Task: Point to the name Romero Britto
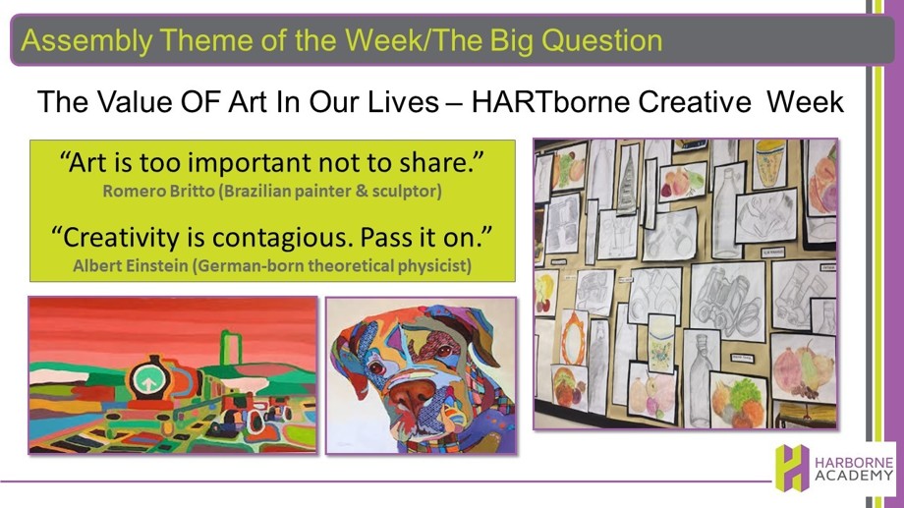pyautogui.click(x=158, y=191)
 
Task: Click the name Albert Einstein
pyautogui.click(x=131, y=266)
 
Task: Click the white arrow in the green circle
pyautogui.click(x=148, y=380)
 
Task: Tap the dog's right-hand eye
pyautogui.click(x=444, y=351)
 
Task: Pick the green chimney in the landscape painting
pyautogui.click(x=231, y=348)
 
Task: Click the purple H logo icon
pyautogui.click(x=792, y=468)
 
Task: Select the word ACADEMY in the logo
pyautogui.click(x=854, y=476)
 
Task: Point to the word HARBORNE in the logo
pyautogui.click(x=854, y=463)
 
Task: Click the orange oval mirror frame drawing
pyautogui.click(x=573, y=336)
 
